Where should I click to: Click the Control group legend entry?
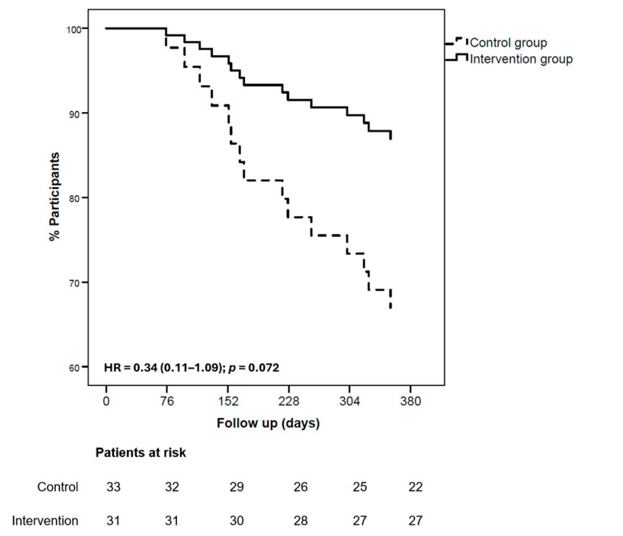point(508,43)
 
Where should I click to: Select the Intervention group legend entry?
point(520,59)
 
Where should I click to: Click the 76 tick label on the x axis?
point(167,401)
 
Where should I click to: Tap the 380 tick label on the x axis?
point(410,401)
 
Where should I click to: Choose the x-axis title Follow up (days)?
point(268,424)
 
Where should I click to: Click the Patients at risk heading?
point(140,453)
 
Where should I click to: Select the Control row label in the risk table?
point(58,487)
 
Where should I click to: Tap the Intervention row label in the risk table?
point(45,520)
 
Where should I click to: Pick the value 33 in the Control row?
point(113,487)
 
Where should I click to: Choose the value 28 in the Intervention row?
point(298,520)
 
